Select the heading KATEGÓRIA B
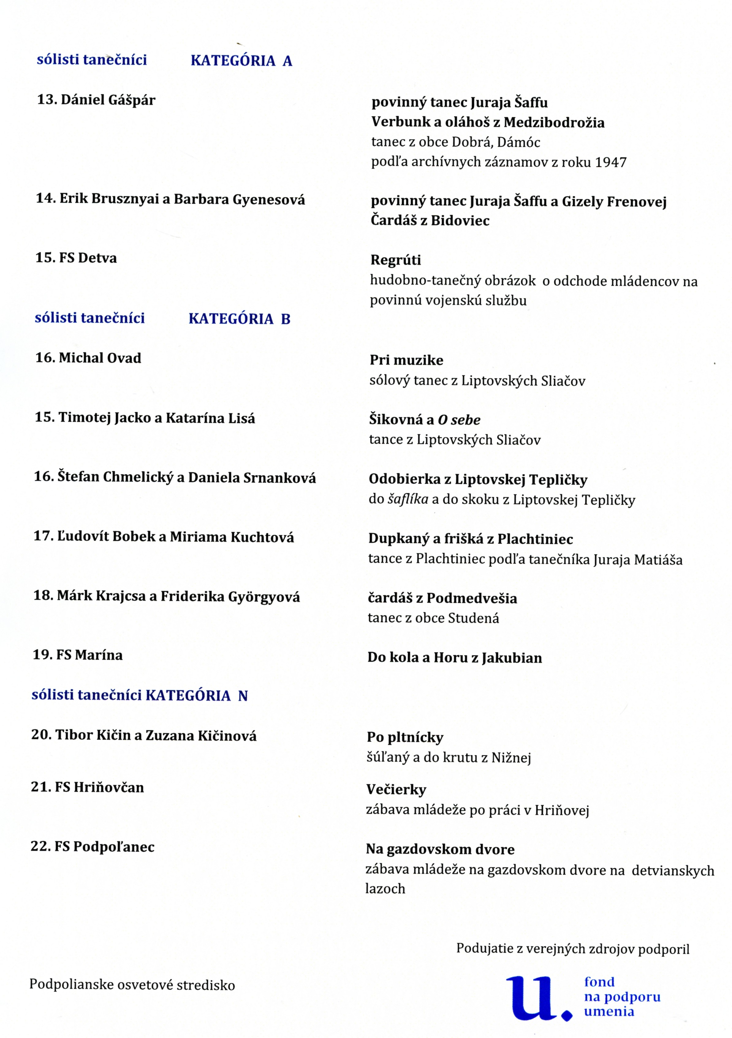(x=239, y=319)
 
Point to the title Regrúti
(x=396, y=260)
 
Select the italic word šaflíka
(x=408, y=500)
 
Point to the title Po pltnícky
(x=405, y=737)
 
